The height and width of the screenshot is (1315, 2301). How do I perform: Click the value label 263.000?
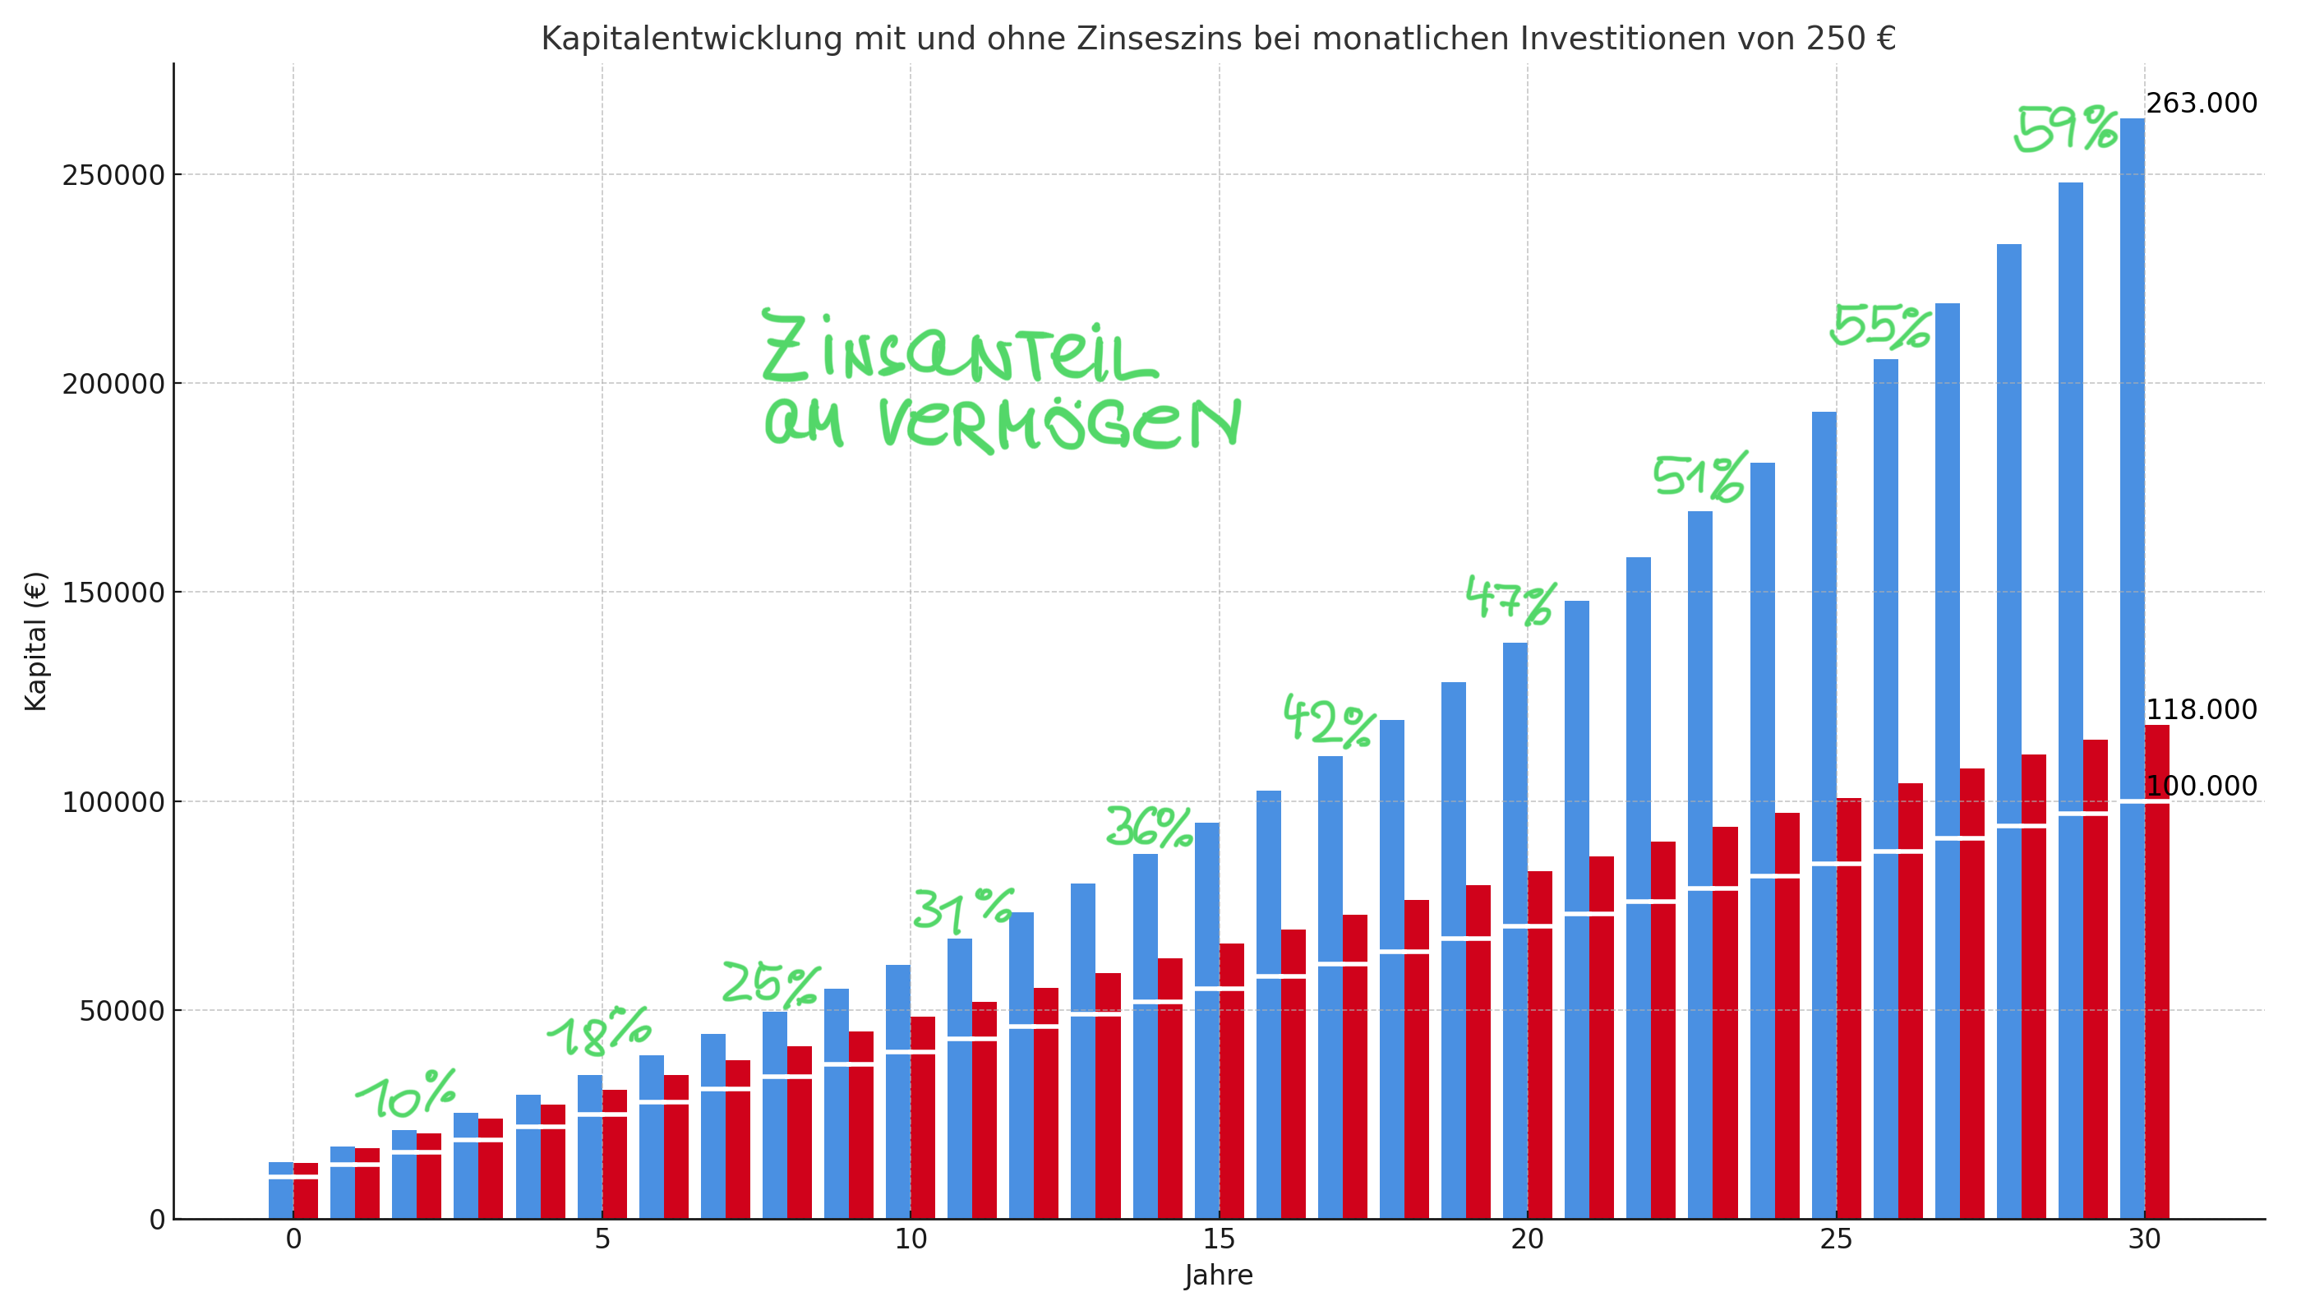click(x=2201, y=104)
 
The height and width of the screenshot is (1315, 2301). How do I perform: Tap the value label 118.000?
click(x=2201, y=710)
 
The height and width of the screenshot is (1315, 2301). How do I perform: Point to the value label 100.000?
click(x=2201, y=787)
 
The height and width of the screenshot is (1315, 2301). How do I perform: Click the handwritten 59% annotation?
click(x=2065, y=130)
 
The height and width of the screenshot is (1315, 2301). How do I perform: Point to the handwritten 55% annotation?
click(x=1880, y=327)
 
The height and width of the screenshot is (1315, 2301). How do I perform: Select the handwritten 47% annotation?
click(x=1510, y=600)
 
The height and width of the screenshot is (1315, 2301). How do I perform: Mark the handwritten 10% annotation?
click(x=407, y=1094)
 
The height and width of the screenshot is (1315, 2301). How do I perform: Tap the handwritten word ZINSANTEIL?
click(x=957, y=350)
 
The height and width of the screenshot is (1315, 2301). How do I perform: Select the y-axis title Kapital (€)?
click(x=35, y=641)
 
